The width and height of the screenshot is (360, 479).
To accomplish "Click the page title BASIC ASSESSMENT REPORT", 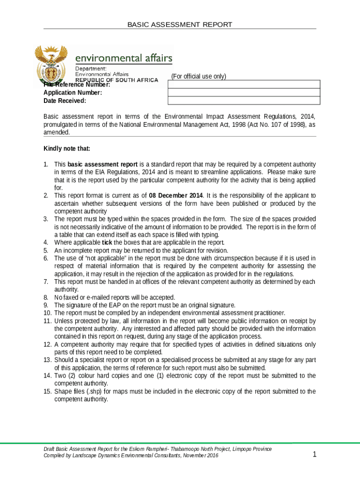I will pyautogui.click(x=180, y=24).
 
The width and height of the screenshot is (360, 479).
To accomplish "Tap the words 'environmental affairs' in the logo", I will pyautogui.click(x=124, y=58).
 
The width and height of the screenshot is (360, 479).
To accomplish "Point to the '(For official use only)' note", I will pyautogui.click(x=198, y=76).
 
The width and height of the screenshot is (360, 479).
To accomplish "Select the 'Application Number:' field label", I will pyautogui.click(x=72, y=93).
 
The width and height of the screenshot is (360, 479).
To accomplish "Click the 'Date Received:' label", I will pyautogui.click(x=65, y=101).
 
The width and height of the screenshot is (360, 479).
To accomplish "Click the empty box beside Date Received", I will pyautogui.click(x=244, y=101).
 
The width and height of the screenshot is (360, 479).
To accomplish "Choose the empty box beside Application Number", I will pyautogui.click(x=244, y=93).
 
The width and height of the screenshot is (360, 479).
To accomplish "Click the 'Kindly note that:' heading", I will pyautogui.click(x=67, y=149).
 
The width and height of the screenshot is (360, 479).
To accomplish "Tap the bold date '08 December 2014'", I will pyautogui.click(x=176, y=196).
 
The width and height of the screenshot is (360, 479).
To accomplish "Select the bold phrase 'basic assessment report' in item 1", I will pyautogui.click(x=102, y=164).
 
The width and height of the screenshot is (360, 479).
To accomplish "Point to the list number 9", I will pyautogui.click(x=46, y=305).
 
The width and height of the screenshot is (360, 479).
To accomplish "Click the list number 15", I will pyautogui.click(x=47, y=391).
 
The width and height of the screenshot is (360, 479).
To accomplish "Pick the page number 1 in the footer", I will pyautogui.click(x=315, y=454).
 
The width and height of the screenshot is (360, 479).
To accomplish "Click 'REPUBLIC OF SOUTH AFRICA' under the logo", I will pyautogui.click(x=117, y=80).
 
